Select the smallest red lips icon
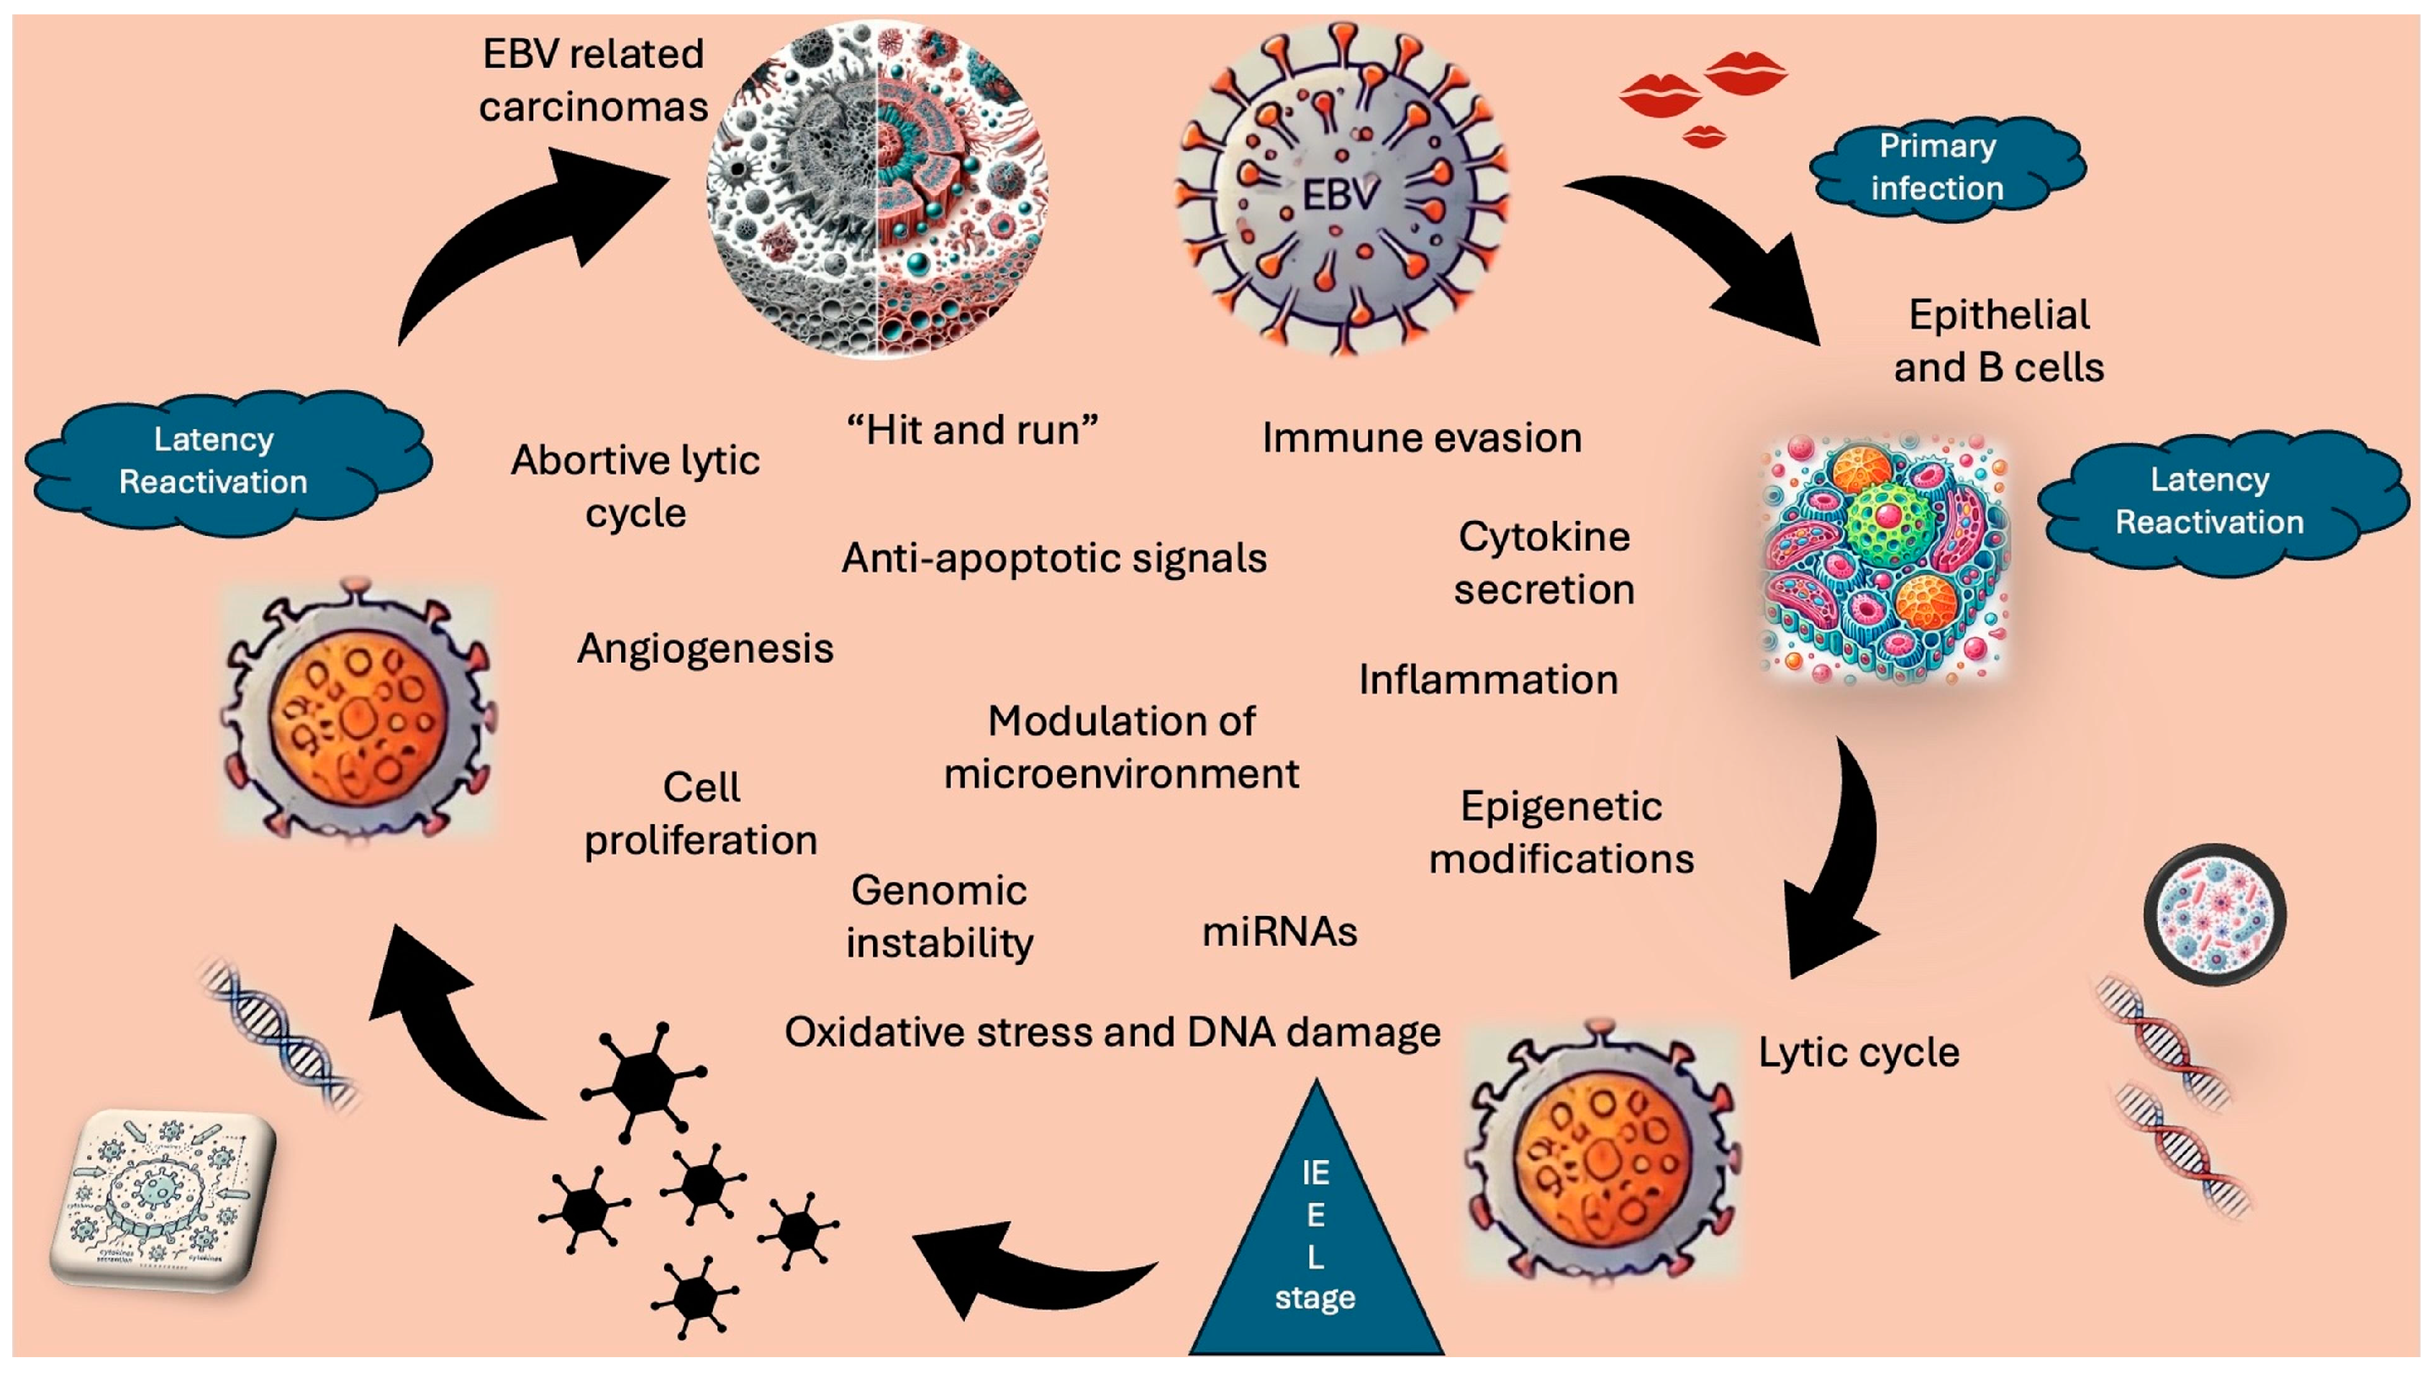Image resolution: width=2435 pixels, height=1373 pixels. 1705,137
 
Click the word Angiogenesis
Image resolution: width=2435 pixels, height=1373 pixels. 705,648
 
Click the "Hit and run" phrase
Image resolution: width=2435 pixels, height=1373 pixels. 971,430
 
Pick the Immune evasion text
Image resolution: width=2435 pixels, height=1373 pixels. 1422,438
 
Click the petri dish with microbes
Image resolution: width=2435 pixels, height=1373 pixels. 2214,915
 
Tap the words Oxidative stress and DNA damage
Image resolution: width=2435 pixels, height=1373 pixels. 1112,1032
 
